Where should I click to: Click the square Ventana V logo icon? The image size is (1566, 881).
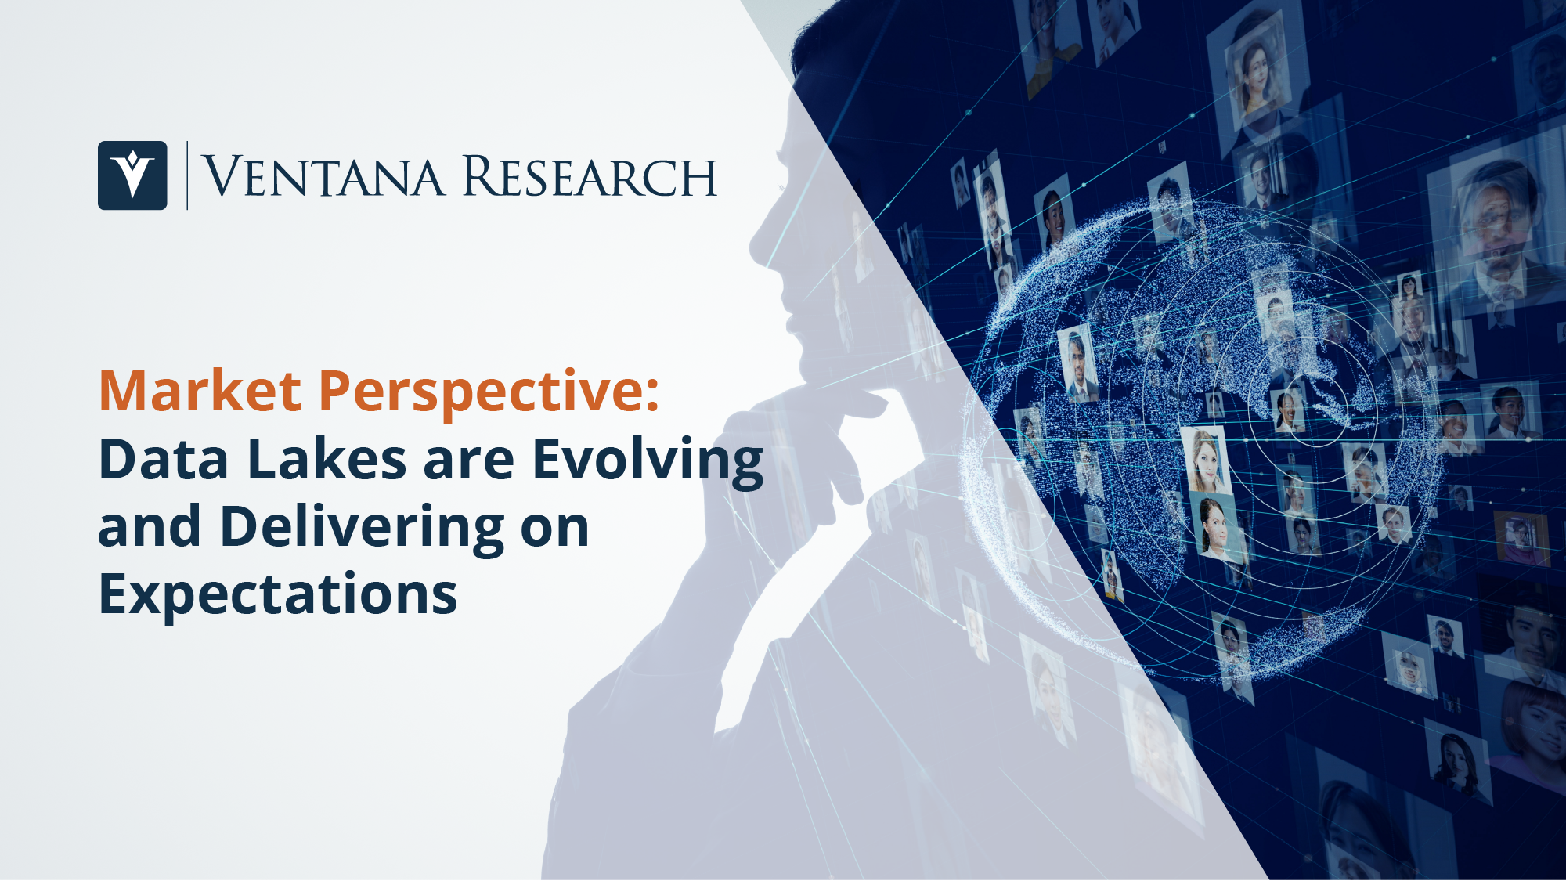pyautogui.click(x=132, y=175)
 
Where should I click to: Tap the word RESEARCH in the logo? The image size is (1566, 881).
pyautogui.click(x=590, y=176)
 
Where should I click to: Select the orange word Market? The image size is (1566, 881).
pyautogui.click(x=200, y=391)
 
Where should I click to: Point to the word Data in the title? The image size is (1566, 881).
pyautogui.click(x=164, y=459)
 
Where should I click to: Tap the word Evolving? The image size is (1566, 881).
pyautogui.click(x=648, y=462)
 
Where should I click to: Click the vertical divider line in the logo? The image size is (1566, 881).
pyautogui.click(x=187, y=175)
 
